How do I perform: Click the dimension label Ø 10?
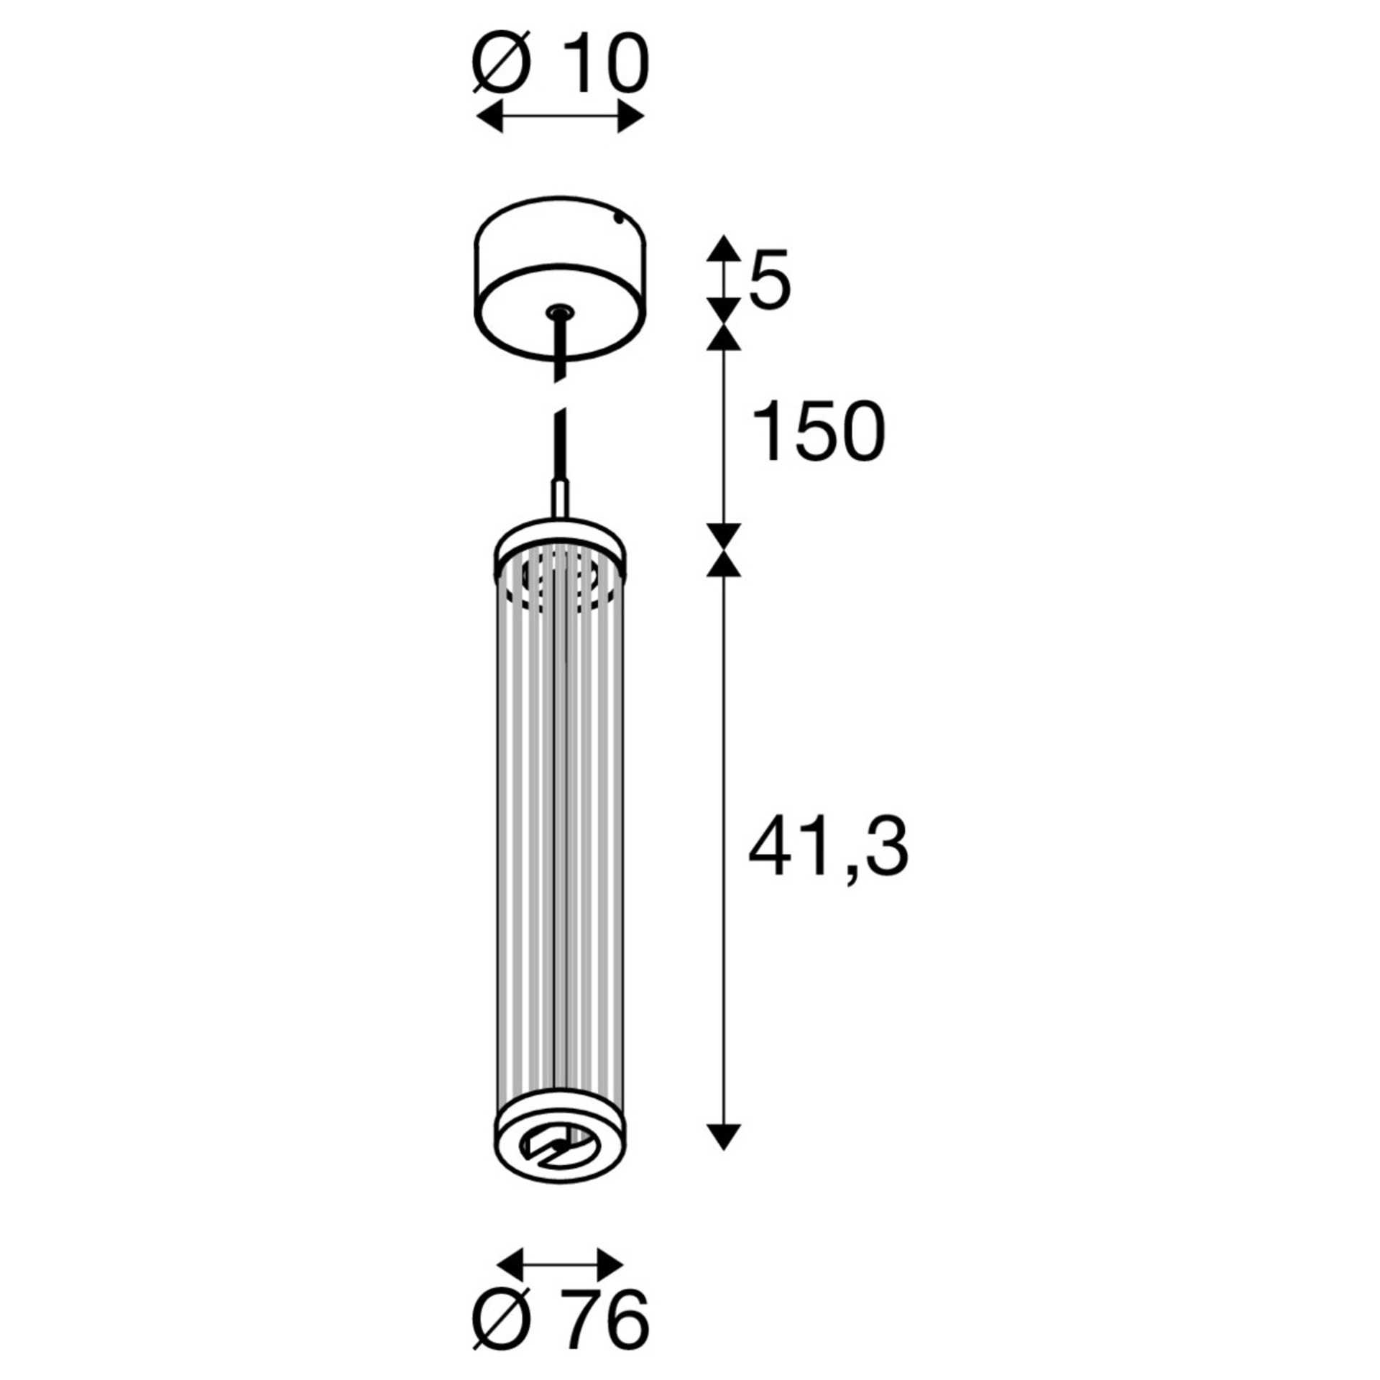point(561,66)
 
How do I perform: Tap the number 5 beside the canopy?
point(769,280)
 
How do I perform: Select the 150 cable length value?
point(817,431)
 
